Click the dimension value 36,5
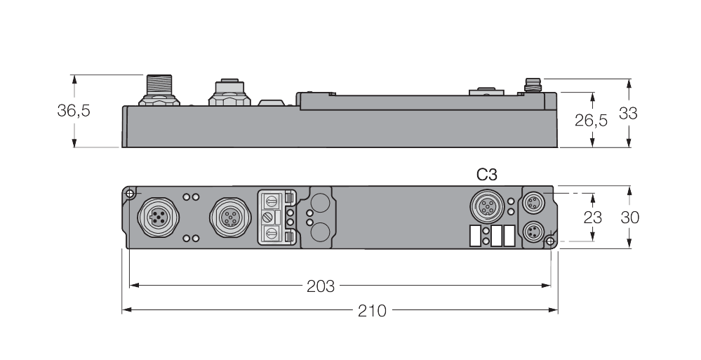tap(74, 111)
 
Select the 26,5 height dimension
tap(591, 120)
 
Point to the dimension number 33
tap(628, 112)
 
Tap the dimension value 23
tap(593, 218)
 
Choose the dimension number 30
tap(629, 218)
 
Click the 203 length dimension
tap(321, 286)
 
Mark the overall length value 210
tap(372, 310)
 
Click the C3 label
tap(487, 175)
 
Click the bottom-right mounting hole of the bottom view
tap(550, 242)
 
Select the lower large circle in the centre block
tap(321, 232)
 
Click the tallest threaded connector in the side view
tap(156, 88)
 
